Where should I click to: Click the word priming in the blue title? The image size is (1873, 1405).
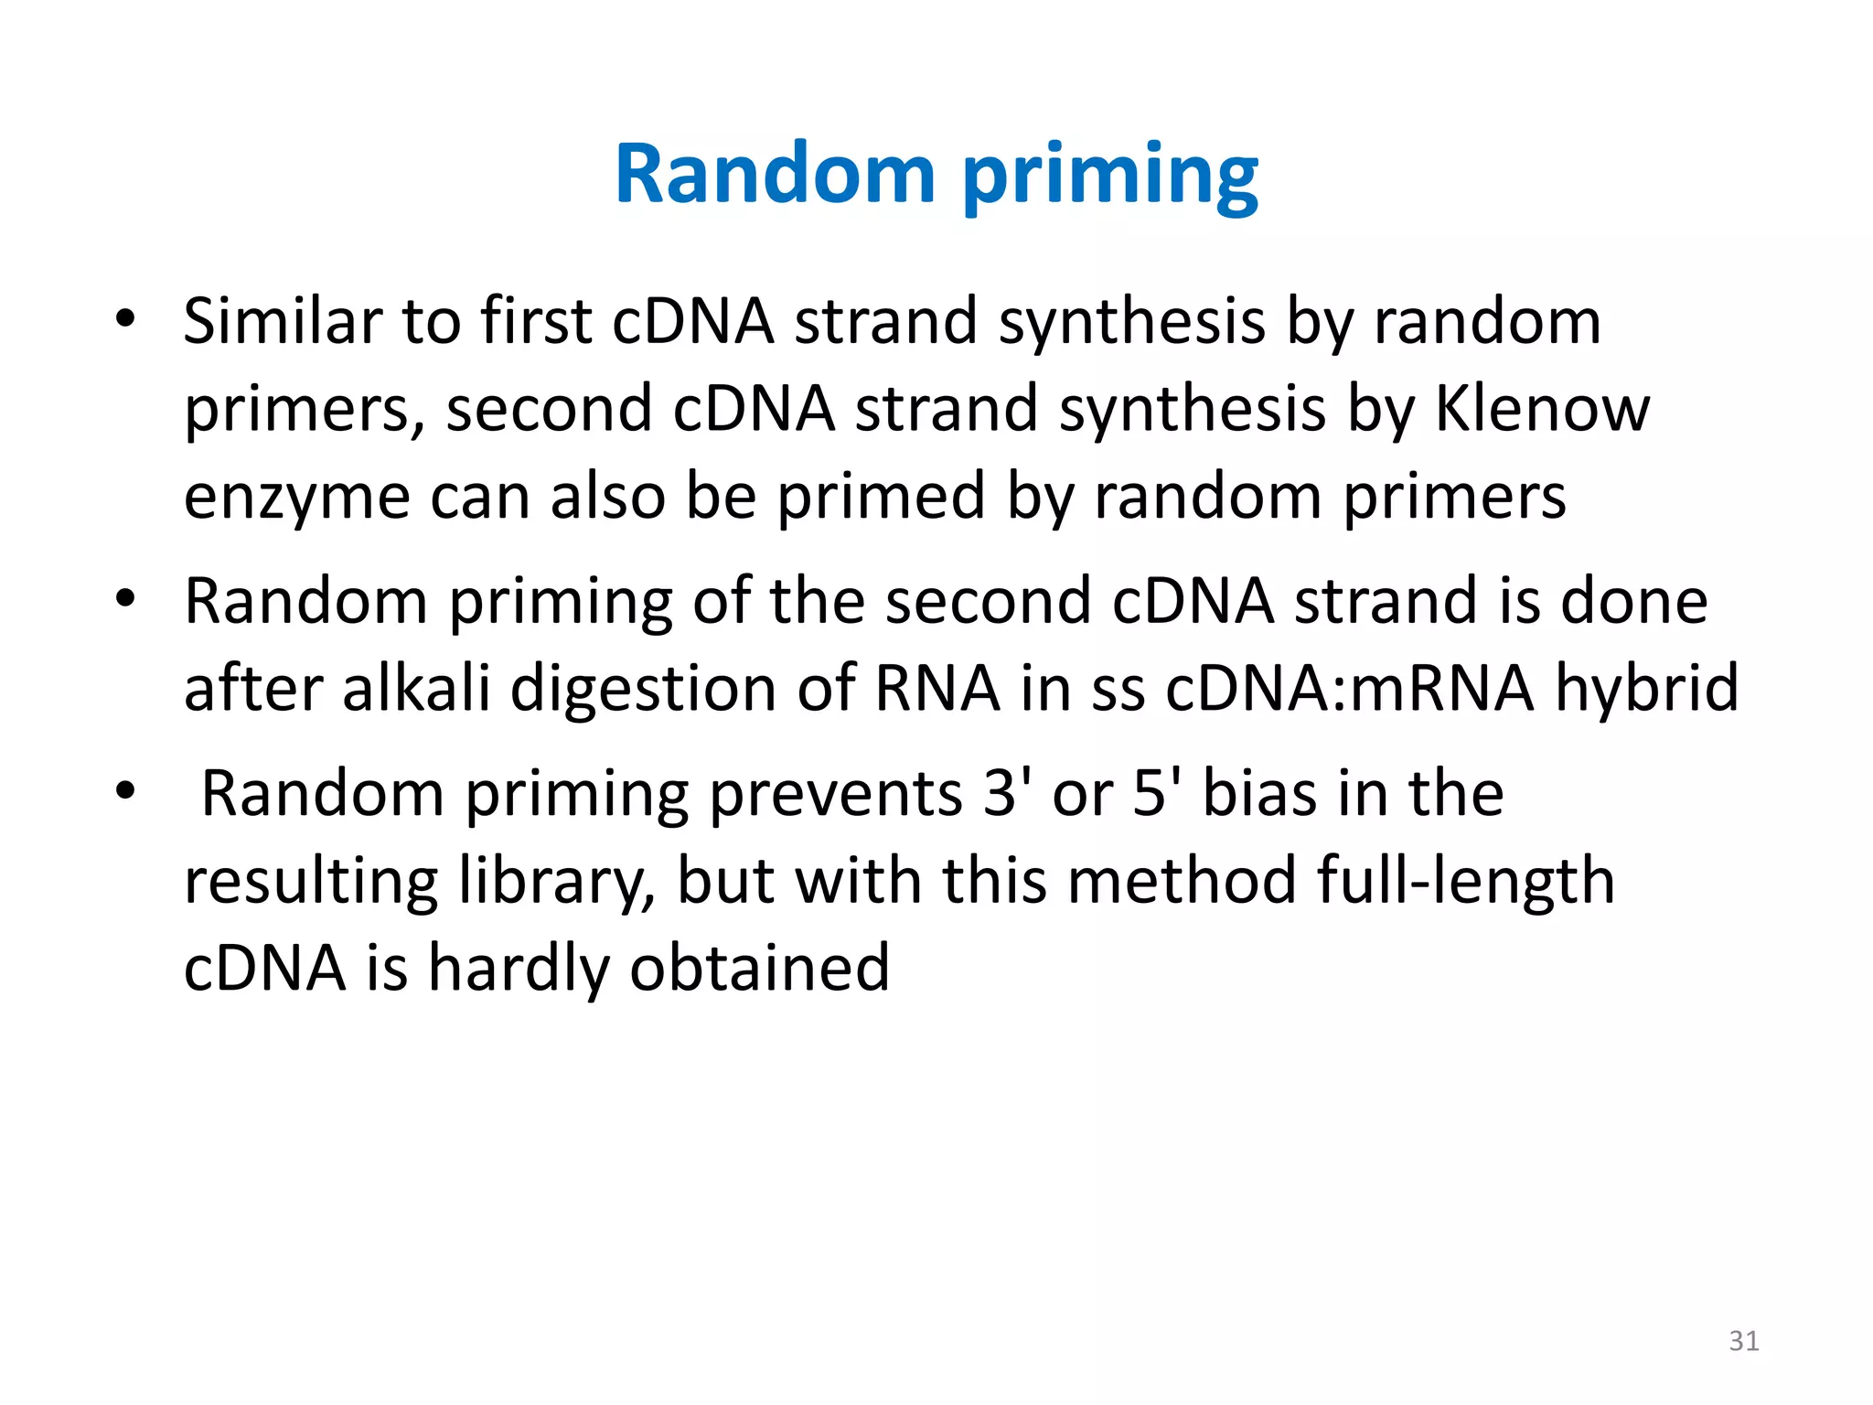coord(1110,178)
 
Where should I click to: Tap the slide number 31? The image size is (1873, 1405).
coord(1743,1341)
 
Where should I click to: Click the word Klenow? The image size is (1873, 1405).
coord(1542,409)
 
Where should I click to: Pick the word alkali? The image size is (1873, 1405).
coord(416,688)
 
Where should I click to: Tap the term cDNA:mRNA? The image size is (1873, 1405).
coord(1350,688)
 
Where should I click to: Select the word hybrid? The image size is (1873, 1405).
coord(1646,688)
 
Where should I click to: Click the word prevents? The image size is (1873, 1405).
coord(835,794)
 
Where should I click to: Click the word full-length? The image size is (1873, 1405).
coord(1465,883)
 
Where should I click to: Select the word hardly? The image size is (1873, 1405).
coord(519,970)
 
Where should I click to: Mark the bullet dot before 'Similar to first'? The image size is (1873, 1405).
coord(125,318)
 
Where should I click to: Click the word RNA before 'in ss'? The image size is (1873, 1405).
coord(937,688)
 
